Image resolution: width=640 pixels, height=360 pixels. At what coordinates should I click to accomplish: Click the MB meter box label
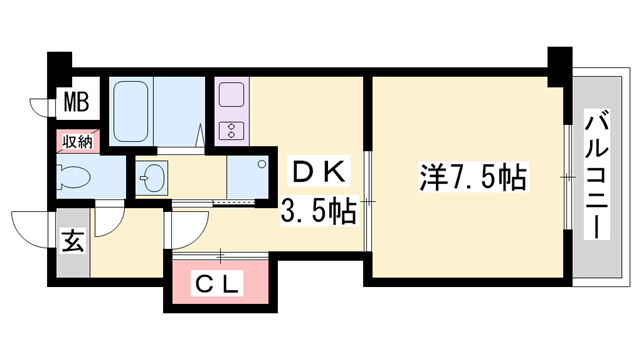(75, 101)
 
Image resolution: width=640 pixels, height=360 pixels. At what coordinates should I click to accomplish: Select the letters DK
(317, 172)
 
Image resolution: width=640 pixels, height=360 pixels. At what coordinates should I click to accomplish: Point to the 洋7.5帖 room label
(471, 179)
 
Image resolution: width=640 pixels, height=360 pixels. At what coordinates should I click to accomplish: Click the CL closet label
(218, 284)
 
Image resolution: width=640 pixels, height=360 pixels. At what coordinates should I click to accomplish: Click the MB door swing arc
(39, 105)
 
